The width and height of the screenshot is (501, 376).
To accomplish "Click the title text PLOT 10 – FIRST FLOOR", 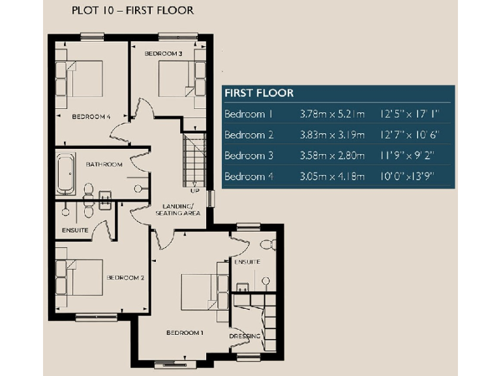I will [x=123, y=11].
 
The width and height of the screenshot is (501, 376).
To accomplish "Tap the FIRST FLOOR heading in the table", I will [x=259, y=93].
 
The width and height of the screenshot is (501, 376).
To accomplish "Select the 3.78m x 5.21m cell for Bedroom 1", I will [x=331, y=114].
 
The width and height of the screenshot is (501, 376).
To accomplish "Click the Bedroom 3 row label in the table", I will [x=248, y=156].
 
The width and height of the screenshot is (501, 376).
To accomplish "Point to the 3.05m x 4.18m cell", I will [x=331, y=177].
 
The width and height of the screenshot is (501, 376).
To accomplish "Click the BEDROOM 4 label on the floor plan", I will [x=91, y=117].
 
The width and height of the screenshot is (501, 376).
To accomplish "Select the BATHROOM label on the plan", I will [x=104, y=164].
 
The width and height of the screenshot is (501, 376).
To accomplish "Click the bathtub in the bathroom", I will [x=65, y=174].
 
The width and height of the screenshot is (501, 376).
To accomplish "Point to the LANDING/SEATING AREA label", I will [x=177, y=210].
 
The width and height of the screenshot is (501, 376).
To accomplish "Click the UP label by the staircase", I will [x=194, y=191].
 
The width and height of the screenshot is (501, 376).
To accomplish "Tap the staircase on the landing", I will [x=194, y=160].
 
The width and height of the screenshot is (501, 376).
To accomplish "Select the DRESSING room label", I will [x=245, y=336].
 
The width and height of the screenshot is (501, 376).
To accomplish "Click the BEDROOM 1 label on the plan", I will [x=185, y=333].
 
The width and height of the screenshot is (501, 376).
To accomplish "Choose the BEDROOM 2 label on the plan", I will [x=125, y=277].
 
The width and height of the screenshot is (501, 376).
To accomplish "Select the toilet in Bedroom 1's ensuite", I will [x=266, y=244].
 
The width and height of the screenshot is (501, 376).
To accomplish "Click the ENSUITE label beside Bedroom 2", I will [x=75, y=230].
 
